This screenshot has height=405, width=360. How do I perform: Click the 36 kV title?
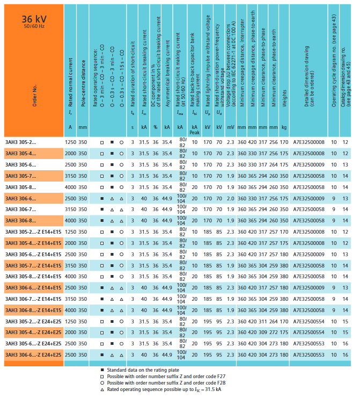tap(34, 18)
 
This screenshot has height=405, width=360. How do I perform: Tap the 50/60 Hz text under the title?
tap(34, 26)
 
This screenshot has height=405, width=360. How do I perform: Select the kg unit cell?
tap(284, 127)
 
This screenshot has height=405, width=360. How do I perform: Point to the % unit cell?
tap(155, 127)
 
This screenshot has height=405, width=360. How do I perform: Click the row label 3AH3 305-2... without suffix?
tap(21, 142)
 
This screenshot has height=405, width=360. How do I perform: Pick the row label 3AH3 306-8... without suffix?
tap(21, 220)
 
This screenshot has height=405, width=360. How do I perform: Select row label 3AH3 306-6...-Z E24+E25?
tap(33, 355)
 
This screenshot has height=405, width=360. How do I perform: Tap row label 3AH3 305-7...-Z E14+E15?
tap(33, 265)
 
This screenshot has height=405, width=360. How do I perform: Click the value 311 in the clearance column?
tap(262, 321)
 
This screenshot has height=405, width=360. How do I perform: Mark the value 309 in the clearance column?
tap(262, 332)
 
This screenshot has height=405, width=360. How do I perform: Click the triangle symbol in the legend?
tap(102, 389)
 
